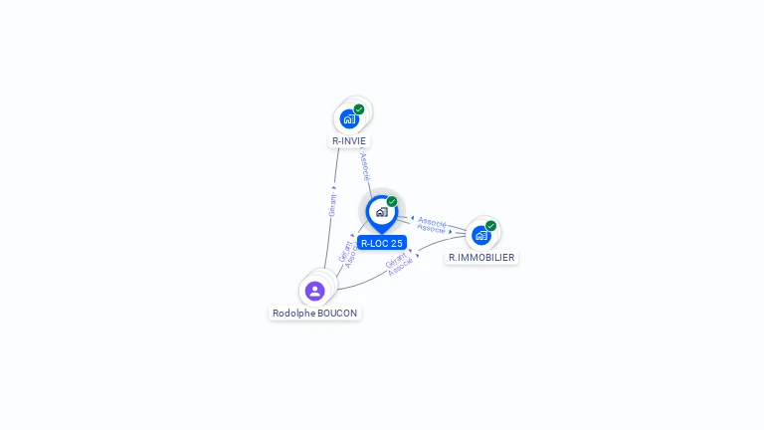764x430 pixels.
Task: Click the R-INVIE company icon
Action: tap(349, 119)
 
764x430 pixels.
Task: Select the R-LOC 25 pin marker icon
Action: tap(381, 212)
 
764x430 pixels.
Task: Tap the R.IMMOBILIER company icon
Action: tap(481, 236)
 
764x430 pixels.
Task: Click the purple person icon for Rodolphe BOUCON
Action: tap(314, 291)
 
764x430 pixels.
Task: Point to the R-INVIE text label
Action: tap(349, 141)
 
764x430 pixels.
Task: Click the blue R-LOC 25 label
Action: tap(382, 243)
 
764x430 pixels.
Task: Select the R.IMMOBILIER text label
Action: tap(481, 258)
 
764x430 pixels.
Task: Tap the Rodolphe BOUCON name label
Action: tap(314, 313)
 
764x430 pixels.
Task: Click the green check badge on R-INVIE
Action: tap(359, 109)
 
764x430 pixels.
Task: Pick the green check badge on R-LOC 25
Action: tap(392, 202)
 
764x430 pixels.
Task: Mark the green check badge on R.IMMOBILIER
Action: tap(490, 226)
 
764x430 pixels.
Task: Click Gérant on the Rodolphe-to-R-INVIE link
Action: tap(333, 203)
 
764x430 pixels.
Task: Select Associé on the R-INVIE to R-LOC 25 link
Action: tap(365, 166)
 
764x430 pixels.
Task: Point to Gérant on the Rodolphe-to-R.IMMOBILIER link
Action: tap(395, 261)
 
